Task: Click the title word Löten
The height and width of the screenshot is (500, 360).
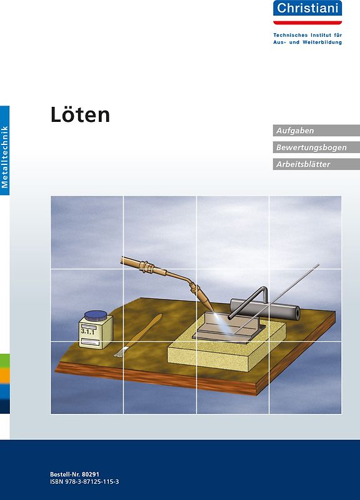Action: click(x=80, y=114)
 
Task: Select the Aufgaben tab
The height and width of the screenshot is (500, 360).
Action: click(x=316, y=131)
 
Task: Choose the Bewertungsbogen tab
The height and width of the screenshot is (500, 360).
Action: click(x=316, y=147)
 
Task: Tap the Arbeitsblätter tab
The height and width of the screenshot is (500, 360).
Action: click(x=316, y=164)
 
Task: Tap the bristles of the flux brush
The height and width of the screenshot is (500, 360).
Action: click(x=121, y=351)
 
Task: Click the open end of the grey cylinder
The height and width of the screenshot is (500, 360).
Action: click(x=293, y=311)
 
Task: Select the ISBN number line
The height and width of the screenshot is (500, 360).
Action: click(x=84, y=482)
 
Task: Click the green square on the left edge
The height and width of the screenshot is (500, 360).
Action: click(x=4, y=361)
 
